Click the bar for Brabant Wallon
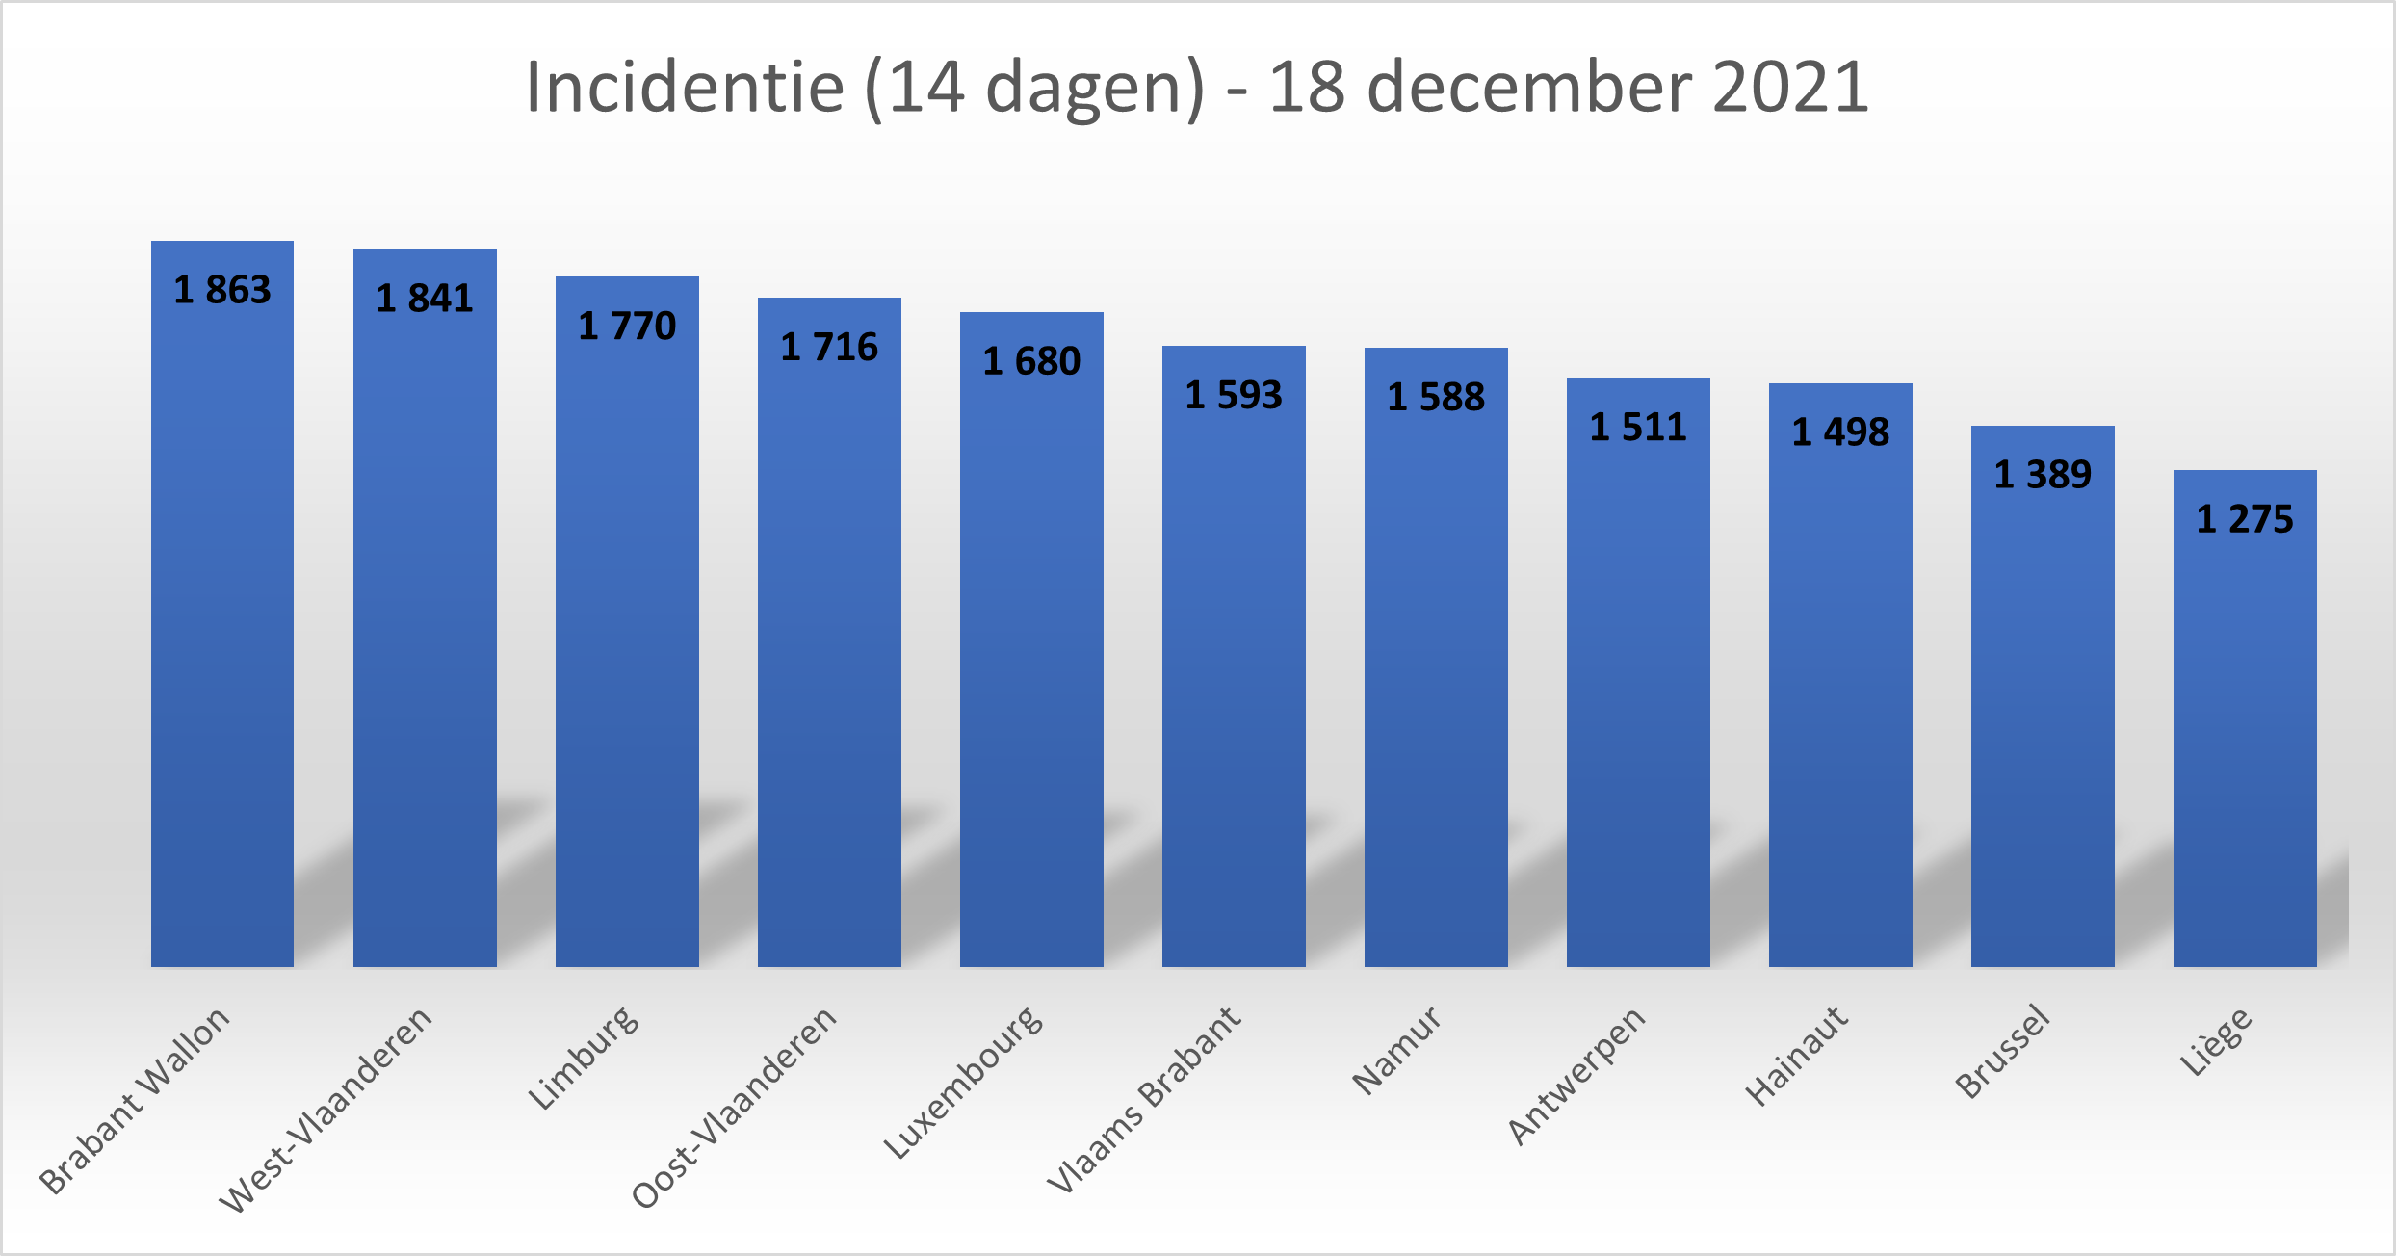point(222,626)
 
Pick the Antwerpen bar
point(1638,693)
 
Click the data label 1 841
point(425,299)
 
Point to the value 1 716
point(829,347)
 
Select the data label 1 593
point(1234,395)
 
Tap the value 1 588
point(1436,397)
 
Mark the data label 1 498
point(1840,432)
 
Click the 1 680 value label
point(1031,361)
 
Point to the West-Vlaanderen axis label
point(326,1109)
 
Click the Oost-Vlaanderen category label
point(734,1107)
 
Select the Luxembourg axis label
point(963,1082)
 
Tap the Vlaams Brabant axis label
point(1145,1099)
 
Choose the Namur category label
point(1396,1050)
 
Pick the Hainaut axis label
point(1797,1056)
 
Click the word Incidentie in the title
point(685,87)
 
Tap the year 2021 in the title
point(1791,87)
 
